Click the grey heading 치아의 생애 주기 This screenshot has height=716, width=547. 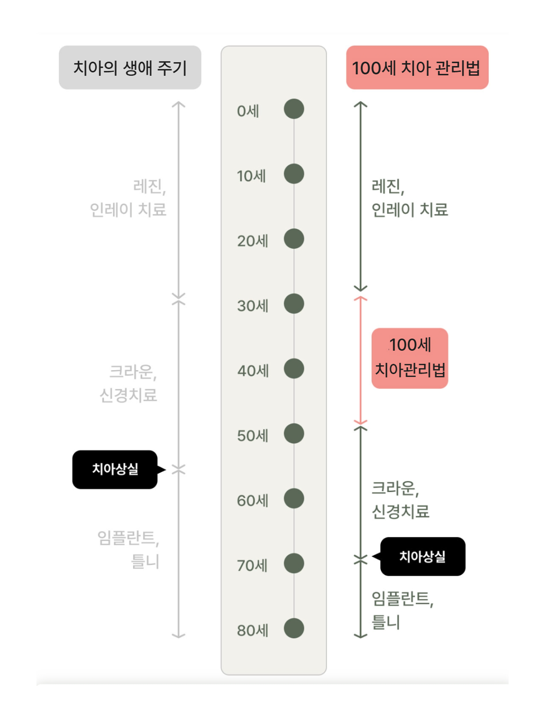coord(130,68)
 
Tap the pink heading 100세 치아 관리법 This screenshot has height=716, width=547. coord(417,68)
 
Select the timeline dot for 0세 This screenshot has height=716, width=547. coord(294,109)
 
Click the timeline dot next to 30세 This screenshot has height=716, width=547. coord(294,304)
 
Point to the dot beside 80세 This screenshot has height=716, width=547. coord(294,628)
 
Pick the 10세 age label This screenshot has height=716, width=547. coord(251,176)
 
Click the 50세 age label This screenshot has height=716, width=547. coord(253,435)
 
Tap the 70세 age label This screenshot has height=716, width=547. coord(252,565)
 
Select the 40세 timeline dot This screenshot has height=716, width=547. coord(294,368)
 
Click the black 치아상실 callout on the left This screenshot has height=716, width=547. coord(115,469)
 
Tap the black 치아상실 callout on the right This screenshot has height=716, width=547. coord(422,557)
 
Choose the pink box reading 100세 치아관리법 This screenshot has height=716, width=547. coord(410,358)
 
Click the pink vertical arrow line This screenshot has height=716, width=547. coord(360,359)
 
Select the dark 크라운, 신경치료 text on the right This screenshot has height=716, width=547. coord(400,499)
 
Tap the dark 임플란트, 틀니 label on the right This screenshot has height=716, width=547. coord(401,610)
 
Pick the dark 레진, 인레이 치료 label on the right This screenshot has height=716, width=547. coord(409,198)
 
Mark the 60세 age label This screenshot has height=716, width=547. coord(253,500)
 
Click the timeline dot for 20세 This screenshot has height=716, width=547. coord(294,239)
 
